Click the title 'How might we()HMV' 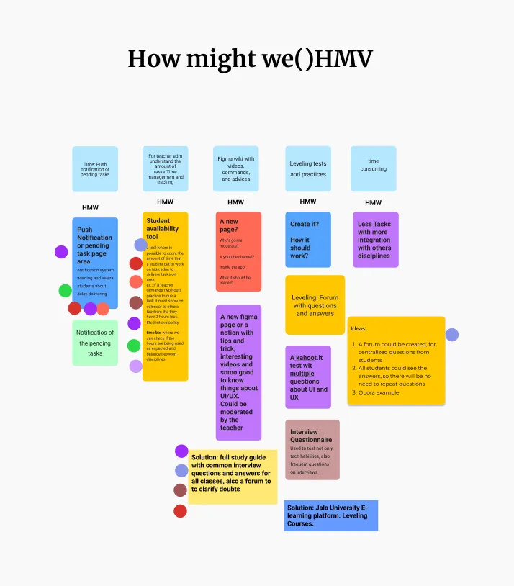[250, 58]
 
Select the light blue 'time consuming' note [373, 168]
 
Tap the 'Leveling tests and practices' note [307, 168]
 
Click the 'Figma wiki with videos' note [235, 168]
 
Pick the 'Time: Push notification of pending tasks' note [95, 168]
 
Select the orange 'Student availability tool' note [165, 296]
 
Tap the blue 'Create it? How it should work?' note [307, 239]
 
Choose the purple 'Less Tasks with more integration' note [375, 239]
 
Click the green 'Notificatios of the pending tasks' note [95, 343]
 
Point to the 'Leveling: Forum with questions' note [315, 305]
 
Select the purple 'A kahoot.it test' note [308, 377]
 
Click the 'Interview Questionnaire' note [312, 449]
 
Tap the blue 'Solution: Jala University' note [330, 515]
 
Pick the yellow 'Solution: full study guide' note [232, 477]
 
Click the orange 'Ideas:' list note [396, 360]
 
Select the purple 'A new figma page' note [238, 371]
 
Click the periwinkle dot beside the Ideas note [452, 335]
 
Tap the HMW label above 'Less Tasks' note [373, 202]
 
